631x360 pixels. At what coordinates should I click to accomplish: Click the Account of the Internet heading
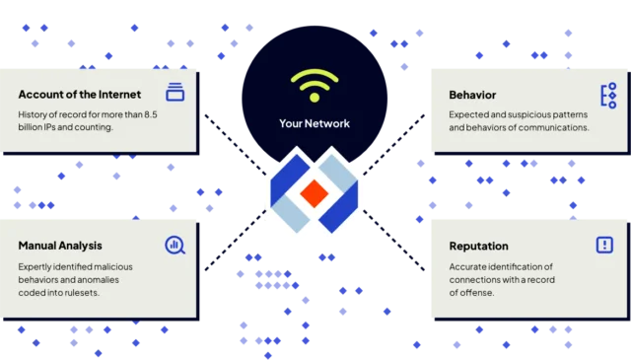coord(80,95)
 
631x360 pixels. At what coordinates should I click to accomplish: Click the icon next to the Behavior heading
coord(607,95)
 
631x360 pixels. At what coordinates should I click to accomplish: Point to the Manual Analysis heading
coord(60,245)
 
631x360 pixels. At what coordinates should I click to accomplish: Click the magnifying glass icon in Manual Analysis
coord(175,245)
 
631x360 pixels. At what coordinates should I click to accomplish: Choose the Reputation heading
coord(479,246)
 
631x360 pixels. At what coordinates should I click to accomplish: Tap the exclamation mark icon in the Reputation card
coord(604,245)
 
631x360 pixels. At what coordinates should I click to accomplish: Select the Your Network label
coord(315,124)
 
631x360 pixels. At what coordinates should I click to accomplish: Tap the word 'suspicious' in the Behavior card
coord(525,113)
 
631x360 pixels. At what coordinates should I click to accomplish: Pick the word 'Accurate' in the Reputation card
coord(469,266)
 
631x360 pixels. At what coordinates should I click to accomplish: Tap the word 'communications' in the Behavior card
coord(553,127)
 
